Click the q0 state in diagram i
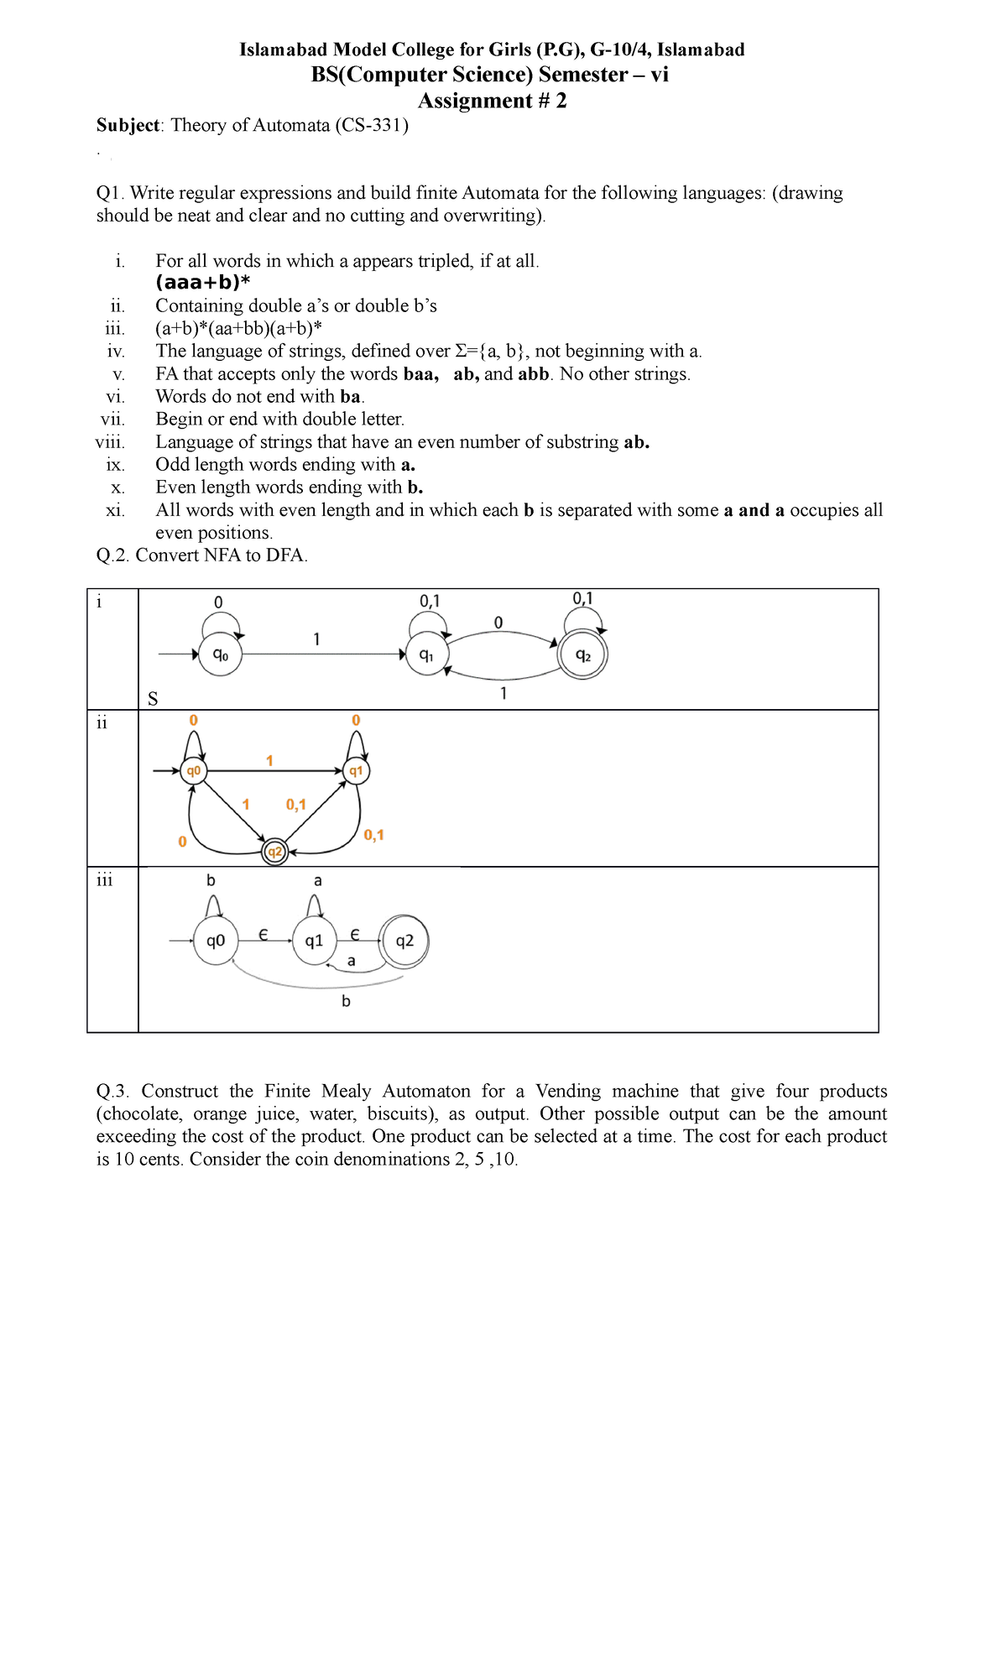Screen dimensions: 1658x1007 click(220, 654)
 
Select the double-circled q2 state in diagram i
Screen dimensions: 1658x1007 click(583, 655)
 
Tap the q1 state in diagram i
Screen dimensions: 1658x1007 click(426, 654)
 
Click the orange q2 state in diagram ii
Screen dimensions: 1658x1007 click(274, 852)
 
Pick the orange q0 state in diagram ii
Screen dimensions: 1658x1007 click(194, 770)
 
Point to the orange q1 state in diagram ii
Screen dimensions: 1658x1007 click(357, 770)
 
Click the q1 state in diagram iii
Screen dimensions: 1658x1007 click(314, 941)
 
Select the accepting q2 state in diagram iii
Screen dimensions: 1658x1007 click(404, 941)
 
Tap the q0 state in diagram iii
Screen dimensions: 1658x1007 click(216, 941)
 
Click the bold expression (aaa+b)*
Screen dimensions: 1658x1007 click(203, 283)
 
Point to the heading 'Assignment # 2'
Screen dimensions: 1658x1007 click(493, 101)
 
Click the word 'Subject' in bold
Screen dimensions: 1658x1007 click(128, 125)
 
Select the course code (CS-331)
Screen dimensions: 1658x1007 click(372, 125)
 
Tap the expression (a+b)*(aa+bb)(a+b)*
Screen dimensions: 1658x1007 click(239, 328)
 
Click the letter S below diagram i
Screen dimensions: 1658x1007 click(153, 699)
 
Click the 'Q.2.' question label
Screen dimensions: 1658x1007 click(113, 555)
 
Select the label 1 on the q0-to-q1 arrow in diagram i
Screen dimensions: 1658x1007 click(316, 639)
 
